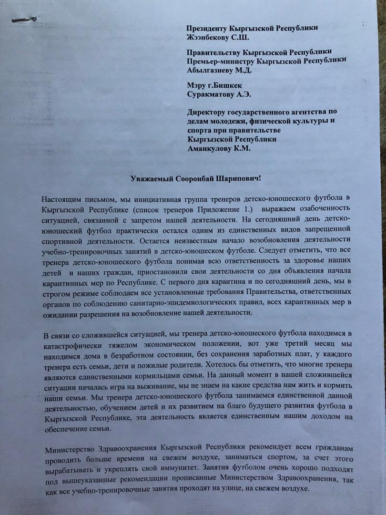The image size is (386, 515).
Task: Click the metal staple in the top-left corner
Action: coord(24,20)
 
